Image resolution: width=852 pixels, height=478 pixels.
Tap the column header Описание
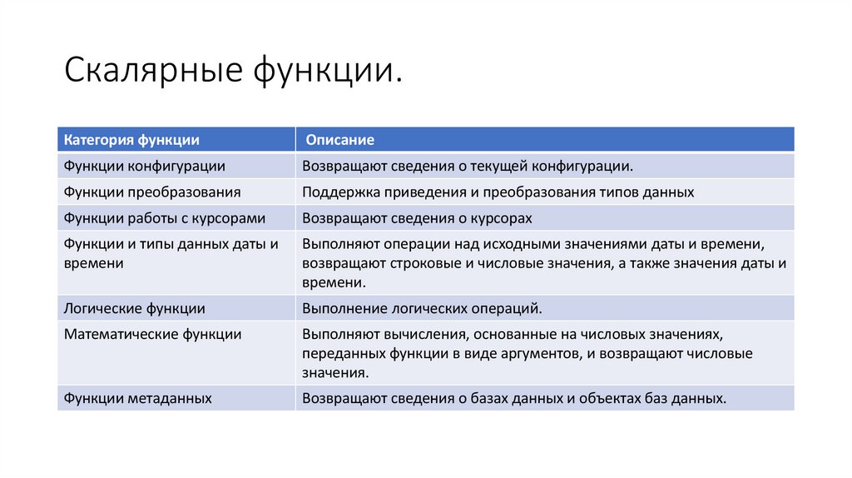click(339, 140)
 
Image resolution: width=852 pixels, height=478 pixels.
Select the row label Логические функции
click(135, 308)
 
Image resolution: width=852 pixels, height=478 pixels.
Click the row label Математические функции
click(153, 334)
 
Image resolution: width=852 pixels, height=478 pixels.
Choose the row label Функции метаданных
click(138, 398)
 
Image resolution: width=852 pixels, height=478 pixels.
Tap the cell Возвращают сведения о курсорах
click(417, 218)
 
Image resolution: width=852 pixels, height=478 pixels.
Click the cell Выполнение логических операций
click(422, 308)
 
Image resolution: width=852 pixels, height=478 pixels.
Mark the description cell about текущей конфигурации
click(468, 166)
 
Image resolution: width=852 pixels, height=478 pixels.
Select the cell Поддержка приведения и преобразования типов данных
click(498, 192)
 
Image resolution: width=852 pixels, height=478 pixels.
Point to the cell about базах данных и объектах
click(514, 398)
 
